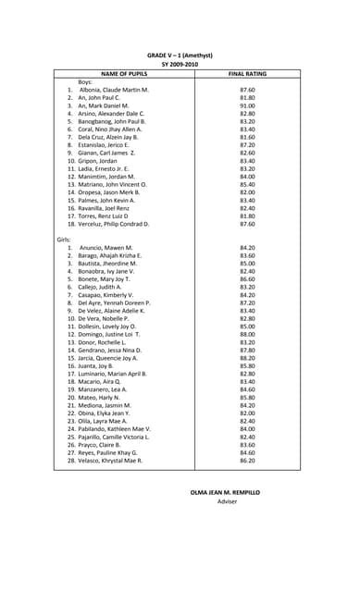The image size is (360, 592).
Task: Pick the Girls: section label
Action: click(x=64, y=240)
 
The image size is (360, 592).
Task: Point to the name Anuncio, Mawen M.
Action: click(x=106, y=248)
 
